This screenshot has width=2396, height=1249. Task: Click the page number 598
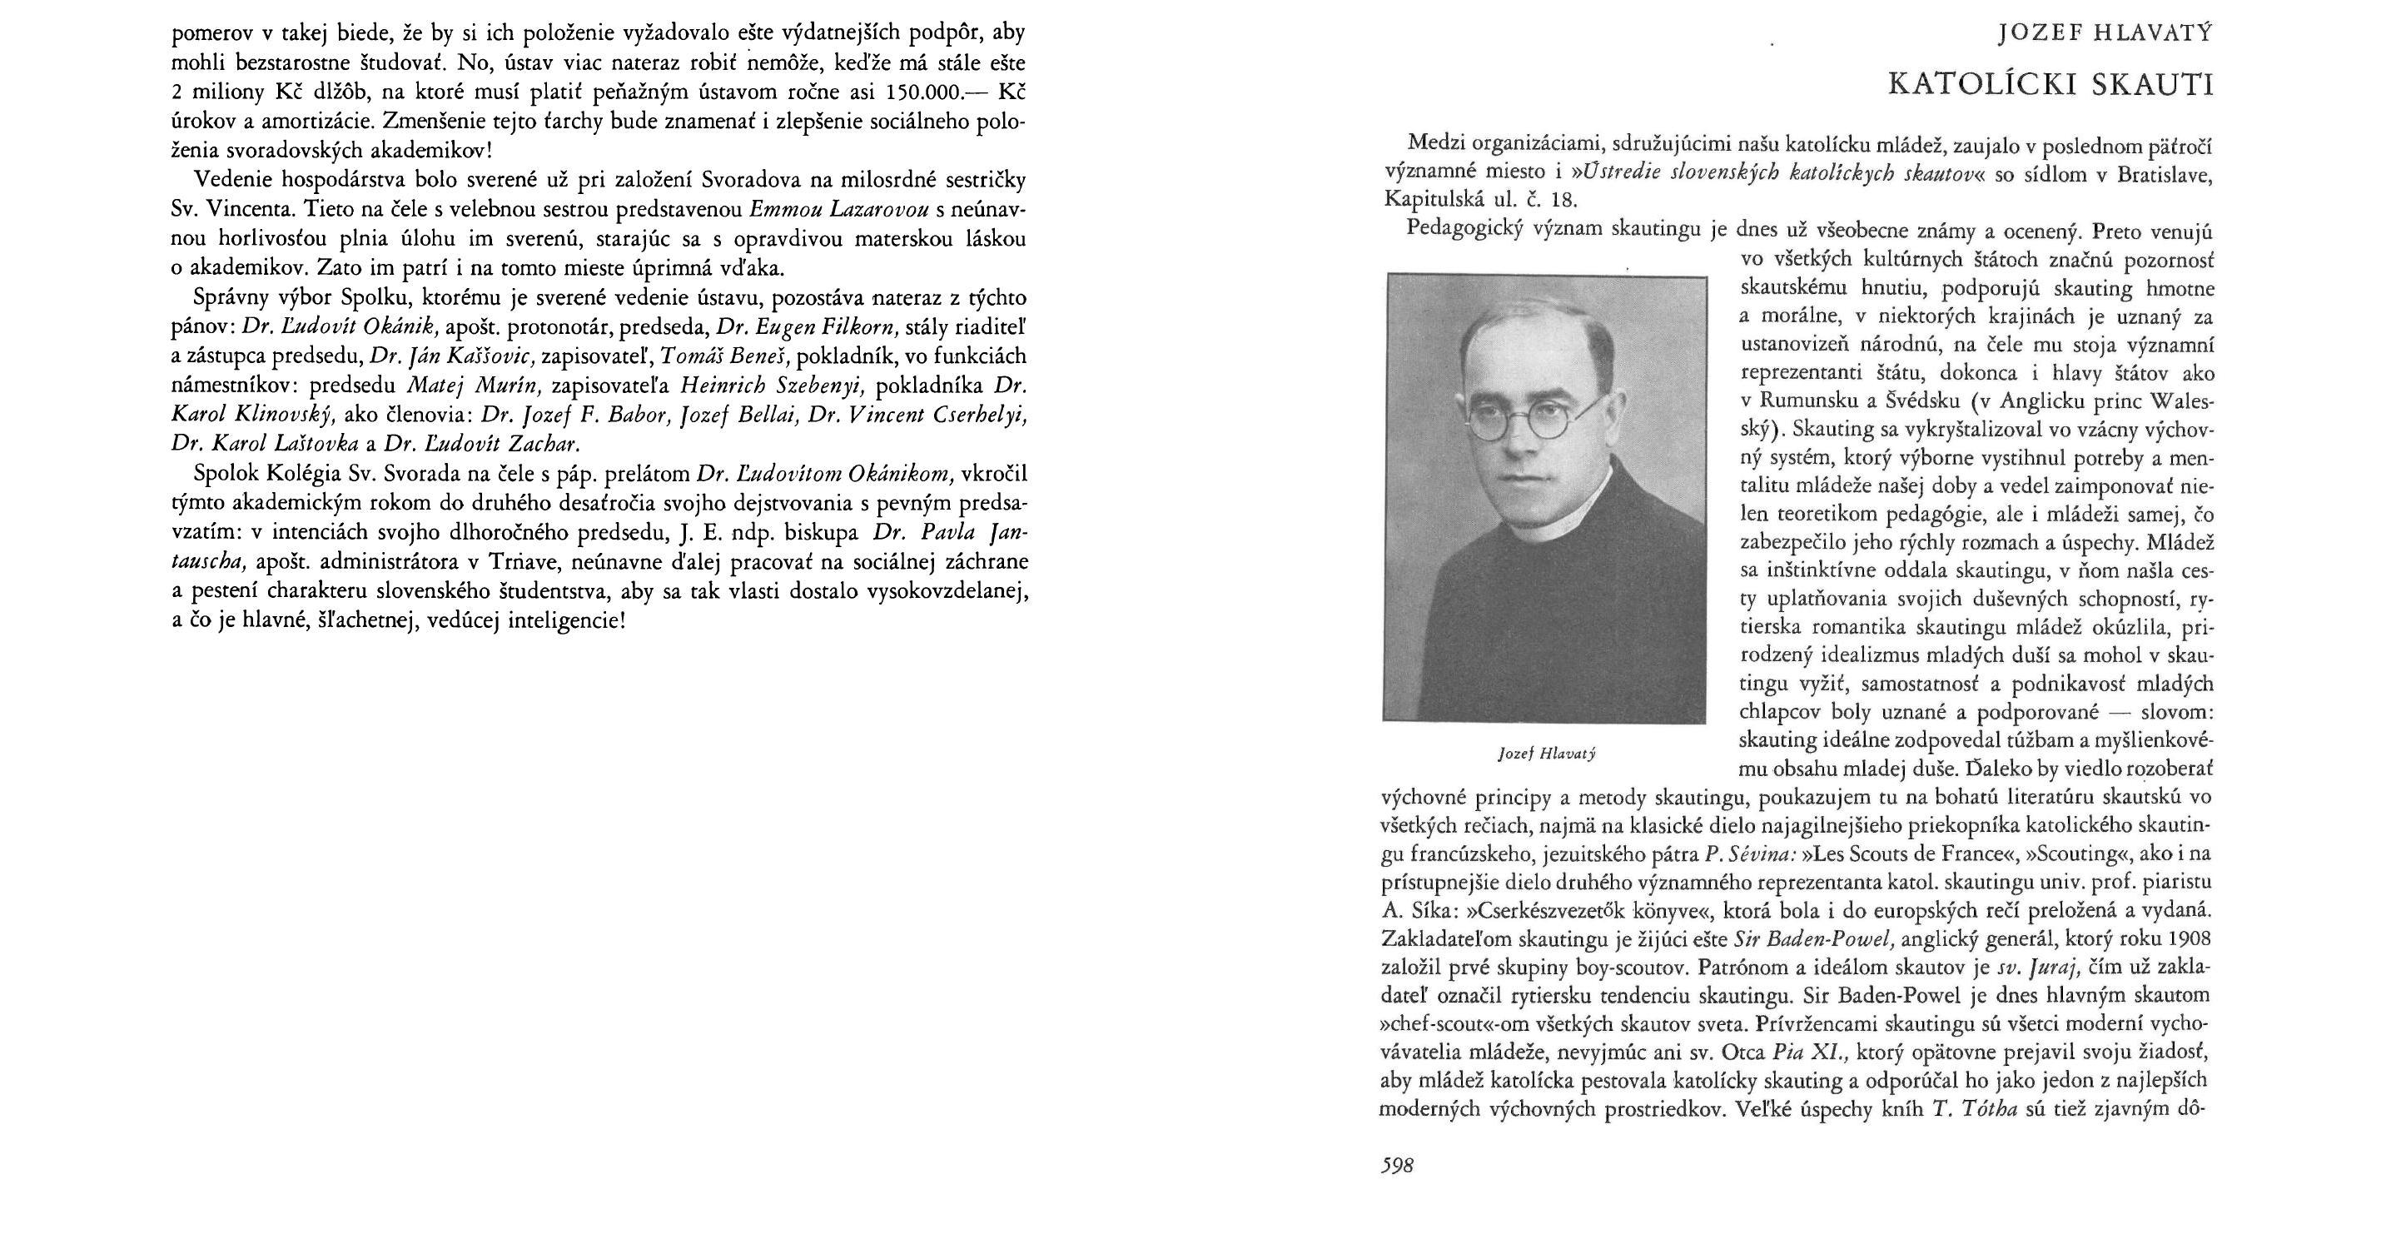[1397, 1165]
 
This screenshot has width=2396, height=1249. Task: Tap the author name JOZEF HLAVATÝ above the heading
[2104, 35]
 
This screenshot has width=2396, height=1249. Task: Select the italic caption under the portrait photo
[1547, 753]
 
